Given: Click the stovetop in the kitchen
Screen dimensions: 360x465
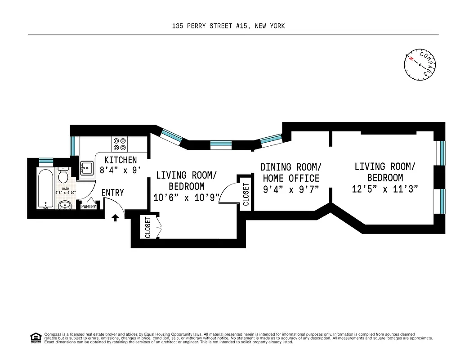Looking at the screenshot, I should [x=120, y=144].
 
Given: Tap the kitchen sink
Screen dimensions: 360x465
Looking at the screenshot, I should [x=86, y=168].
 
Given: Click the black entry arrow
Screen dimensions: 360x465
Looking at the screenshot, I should [x=115, y=218].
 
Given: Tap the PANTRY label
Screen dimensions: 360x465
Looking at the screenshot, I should [x=89, y=207].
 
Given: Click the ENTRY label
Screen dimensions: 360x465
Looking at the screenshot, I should [x=112, y=193].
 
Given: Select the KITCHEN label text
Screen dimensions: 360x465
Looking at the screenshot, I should [x=121, y=160].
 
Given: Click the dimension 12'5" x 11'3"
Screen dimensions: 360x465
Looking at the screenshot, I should [x=385, y=189].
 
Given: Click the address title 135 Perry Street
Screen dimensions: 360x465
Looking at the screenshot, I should [x=228, y=26].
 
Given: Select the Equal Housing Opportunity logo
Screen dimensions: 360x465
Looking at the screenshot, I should [x=35, y=337].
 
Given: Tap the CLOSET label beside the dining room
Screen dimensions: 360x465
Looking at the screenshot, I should [x=246, y=194].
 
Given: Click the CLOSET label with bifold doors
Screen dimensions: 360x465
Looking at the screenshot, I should [x=148, y=228].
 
